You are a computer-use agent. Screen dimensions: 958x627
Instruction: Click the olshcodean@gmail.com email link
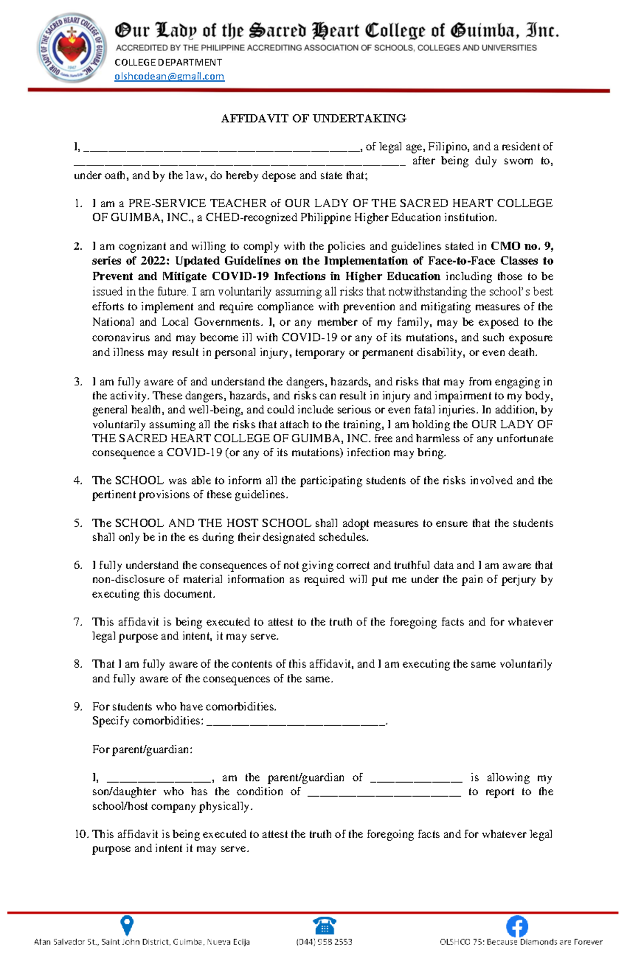pyautogui.click(x=169, y=76)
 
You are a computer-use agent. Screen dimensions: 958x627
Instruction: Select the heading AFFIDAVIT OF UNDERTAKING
pyautogui.click(x=313, y=119)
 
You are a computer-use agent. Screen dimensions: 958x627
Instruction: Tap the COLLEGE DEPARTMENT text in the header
pyautogui.click(x=168, y=62)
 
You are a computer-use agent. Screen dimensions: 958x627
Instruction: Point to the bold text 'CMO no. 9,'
pyautogui.click(x=521, y=246)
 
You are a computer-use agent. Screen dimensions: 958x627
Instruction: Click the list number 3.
pyautogui.click(x=78, y=382)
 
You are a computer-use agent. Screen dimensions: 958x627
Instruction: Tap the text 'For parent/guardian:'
pyautogui.click(x=142, y=750)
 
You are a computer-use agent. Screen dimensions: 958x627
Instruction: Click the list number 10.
pyautogui.click(x=82, y=834)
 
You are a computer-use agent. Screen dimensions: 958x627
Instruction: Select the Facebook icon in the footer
pyautogui.click(x=517, y=926)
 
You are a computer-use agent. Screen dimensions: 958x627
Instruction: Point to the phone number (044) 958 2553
pyautogui.click(x=324, y=942)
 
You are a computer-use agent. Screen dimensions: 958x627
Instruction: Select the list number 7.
pyautogui.click(x=78, y=622)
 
